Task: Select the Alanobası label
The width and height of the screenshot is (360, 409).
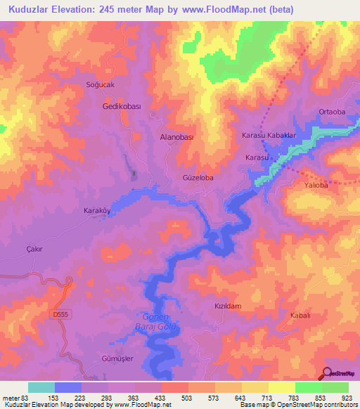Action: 176,138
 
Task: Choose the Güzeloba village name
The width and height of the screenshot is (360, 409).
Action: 198,178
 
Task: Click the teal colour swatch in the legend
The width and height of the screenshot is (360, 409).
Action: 41,387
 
